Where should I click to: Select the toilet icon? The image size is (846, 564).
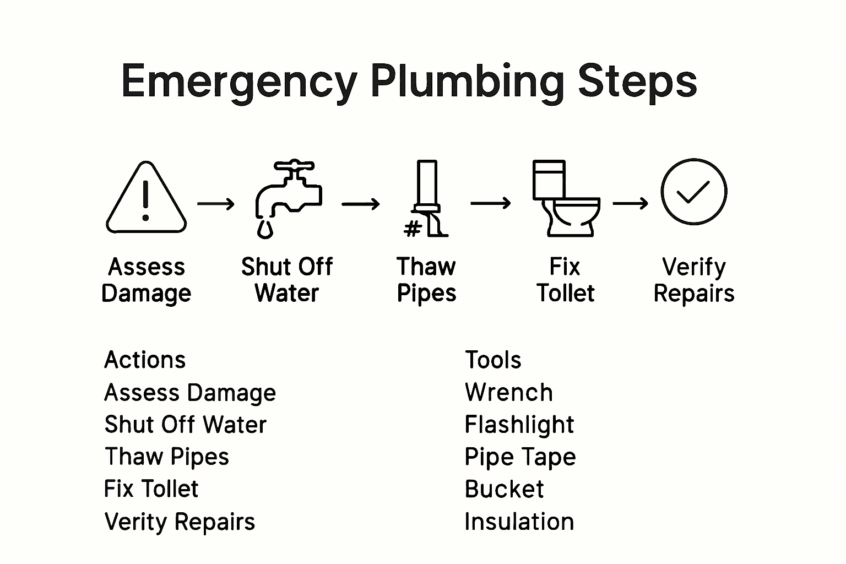coord(565,199)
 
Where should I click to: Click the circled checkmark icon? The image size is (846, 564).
coord(693,192)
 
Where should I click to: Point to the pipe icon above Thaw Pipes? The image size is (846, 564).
coord(427,198)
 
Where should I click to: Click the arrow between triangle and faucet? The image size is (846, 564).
coord(216,204)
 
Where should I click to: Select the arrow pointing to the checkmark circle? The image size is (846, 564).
coord(631,204)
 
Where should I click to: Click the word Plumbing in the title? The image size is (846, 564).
coord(468,81)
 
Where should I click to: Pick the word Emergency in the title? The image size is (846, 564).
coord(239,81)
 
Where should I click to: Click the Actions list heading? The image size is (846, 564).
coord(145,360)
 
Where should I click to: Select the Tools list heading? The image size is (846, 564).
coord(493,360)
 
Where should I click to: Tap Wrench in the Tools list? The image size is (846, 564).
coord(508,393)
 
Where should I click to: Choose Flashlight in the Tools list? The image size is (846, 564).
coord(519,425)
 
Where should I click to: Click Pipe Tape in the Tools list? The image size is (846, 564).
coord(520,457)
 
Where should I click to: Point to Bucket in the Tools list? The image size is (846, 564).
coord(504,489)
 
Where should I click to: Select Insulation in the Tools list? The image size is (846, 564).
coord(519,522)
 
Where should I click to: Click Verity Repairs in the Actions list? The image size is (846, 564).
coord(180,522)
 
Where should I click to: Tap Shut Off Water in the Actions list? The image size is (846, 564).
coord(185,425)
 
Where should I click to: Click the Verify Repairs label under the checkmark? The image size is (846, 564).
coord(693,280)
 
